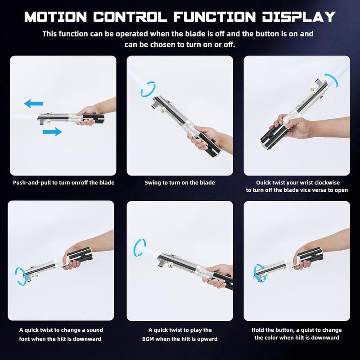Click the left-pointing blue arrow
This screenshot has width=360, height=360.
(x=34, y=104)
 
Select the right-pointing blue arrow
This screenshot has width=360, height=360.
(x=52, y=131)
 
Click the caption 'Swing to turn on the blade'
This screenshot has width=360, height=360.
(x=180, y=183)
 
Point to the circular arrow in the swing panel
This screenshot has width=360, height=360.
(x=148, y=89)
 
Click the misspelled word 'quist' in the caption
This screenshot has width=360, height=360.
(x=303, y=330)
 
